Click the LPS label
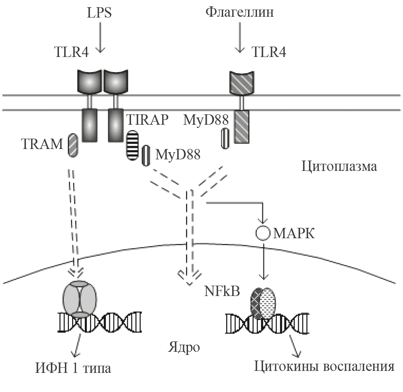click(x=99, y=13)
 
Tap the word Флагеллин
click(x=240, y=13)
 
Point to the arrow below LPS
click(x=100, y=38)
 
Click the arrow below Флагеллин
click(x=240, y=38)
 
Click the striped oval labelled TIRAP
click(x=132, y=146)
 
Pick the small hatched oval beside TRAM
click(x=72, y=145)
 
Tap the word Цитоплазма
click(x=338, y=166)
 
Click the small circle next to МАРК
click(x=263, y=233)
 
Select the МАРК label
click(x=294, y=233)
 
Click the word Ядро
click(x=183, y=347)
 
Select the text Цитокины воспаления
click(x=324, y=366)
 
